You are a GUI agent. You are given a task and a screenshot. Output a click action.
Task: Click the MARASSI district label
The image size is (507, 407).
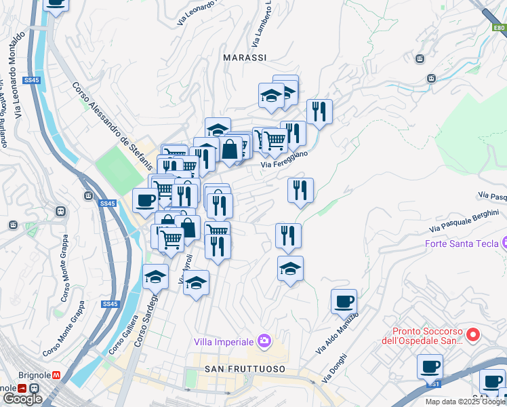point(245,58)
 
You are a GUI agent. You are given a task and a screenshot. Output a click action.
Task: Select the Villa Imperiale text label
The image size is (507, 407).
point(224,341)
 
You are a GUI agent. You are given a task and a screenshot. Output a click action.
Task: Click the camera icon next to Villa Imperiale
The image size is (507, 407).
point(265,341)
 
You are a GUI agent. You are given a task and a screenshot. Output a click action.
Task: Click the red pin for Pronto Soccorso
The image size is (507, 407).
point(474,334)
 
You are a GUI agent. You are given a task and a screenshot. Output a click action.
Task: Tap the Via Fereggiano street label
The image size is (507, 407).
point(285,159)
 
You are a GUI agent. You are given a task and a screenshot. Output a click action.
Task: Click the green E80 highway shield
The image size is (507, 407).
point(499,28)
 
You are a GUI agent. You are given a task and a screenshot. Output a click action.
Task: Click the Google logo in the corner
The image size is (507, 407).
point(22,399)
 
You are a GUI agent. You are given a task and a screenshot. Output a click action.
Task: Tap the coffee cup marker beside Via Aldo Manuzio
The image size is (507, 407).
point(344,301)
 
